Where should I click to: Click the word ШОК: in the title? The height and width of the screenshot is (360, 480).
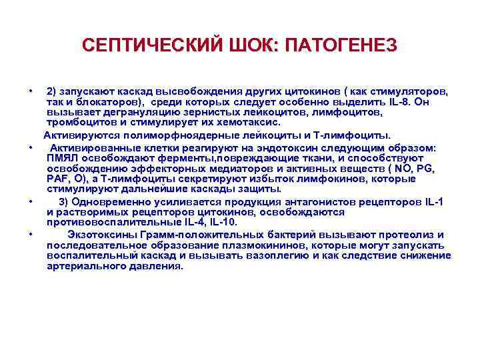(253, 46)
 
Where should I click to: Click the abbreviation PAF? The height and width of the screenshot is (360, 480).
(59, 179)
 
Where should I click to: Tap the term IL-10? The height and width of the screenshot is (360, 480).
(221, 222)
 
